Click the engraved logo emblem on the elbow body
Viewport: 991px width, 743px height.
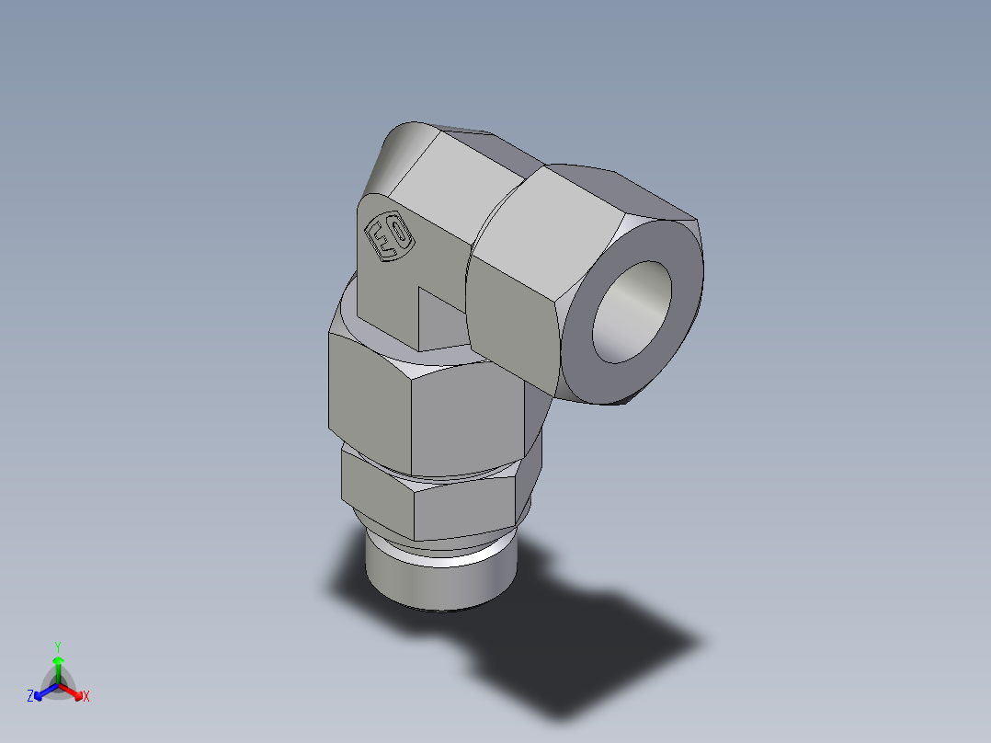pos(390,237)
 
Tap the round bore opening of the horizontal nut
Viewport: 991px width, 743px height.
pos(632,312)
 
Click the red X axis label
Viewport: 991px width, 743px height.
pos(86,697)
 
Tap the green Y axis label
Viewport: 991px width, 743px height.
pos(58,646)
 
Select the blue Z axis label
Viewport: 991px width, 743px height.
pos(30,697)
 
